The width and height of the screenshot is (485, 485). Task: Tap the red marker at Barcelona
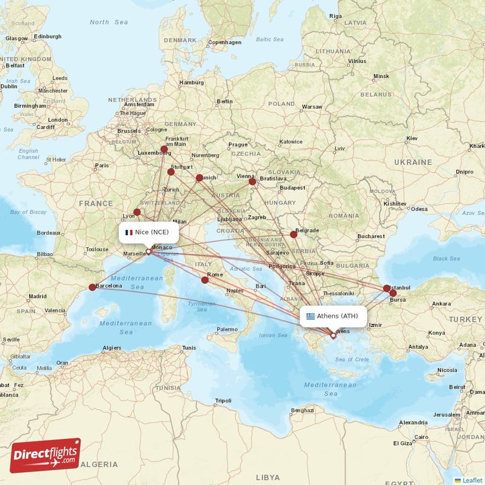click(x=92, y=287)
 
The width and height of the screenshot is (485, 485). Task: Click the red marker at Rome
click(x=205, y=280)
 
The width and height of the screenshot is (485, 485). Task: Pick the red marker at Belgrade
click(x=293, y=234)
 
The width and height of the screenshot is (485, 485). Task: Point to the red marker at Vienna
click(x=252, y=181)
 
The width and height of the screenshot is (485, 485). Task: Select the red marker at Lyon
click(x=137, y=212)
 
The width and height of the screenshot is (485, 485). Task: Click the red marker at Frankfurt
click(x=164, y=149)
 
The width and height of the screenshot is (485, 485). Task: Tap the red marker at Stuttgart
click(x=171, y=172)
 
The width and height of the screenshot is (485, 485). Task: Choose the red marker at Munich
click(x=199, y=178)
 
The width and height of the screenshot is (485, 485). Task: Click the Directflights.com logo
click(x=45, y=455)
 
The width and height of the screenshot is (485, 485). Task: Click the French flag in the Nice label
click(x=129, y=232)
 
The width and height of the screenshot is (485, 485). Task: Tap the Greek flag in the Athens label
click(x=310, y=316)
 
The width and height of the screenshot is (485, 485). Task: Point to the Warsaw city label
click(x=312, y=107)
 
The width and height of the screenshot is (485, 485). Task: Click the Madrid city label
click(x=37, y=296)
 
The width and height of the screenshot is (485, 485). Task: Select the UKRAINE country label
click(x=413, y=162)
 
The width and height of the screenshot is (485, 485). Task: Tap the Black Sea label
click(x=446, y=258)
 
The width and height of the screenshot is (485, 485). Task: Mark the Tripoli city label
click(x=223, y=401)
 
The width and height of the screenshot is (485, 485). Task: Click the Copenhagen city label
click(x=225, y=43)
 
